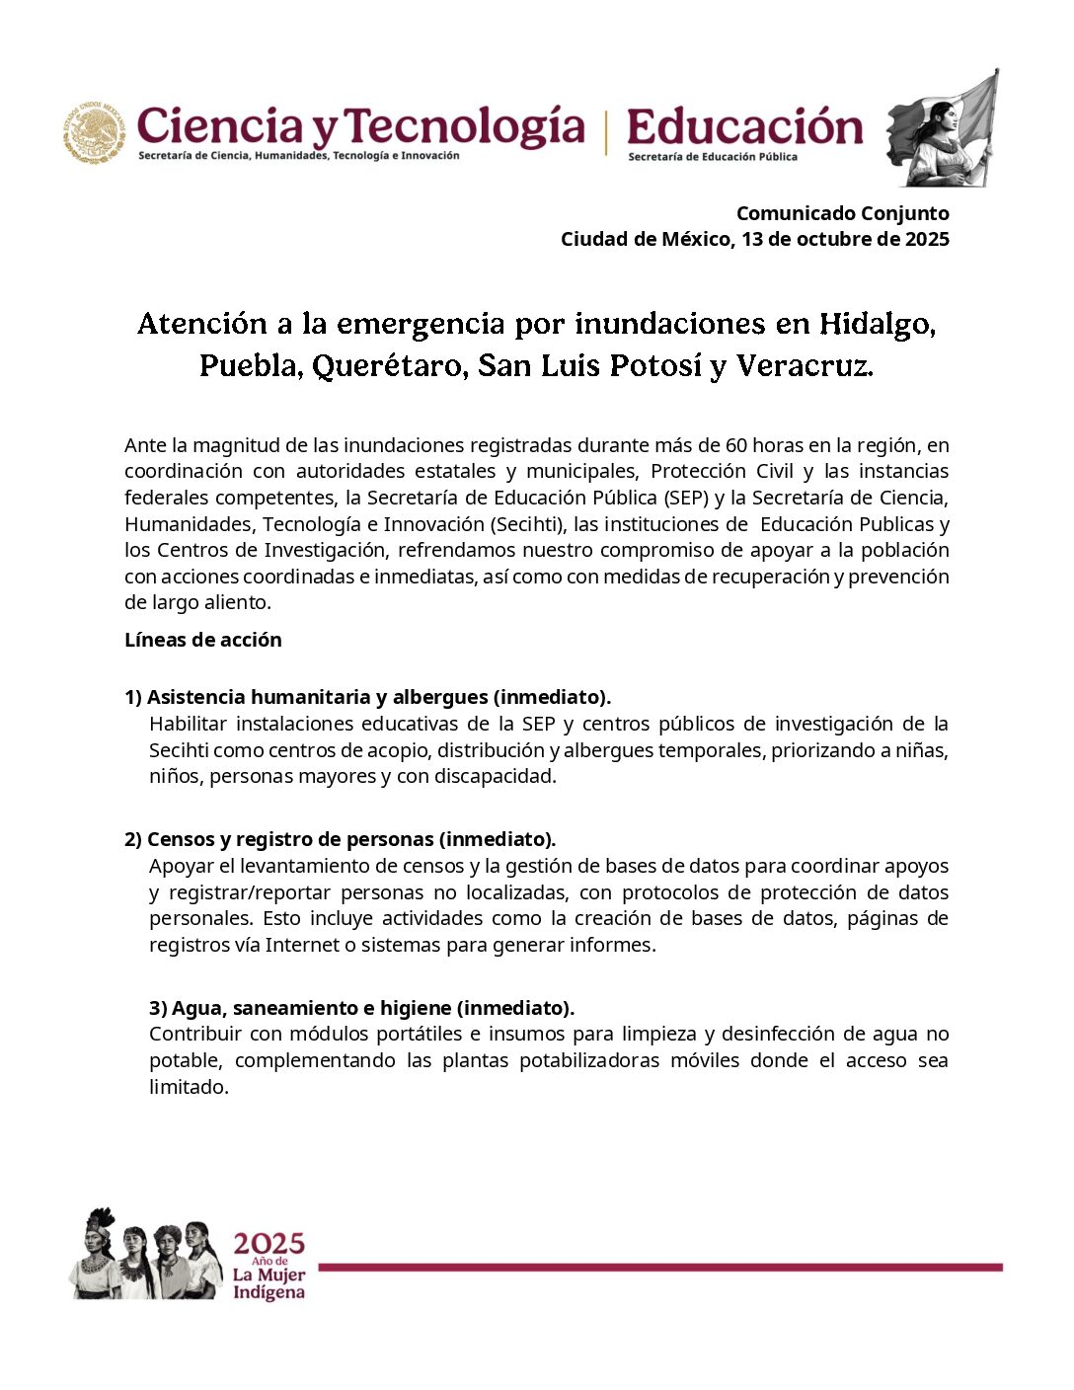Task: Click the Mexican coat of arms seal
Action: (x=96, y=132)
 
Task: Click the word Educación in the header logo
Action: (x=744, y=128)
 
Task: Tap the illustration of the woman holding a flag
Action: (x=943, y=128)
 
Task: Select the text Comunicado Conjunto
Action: (x=842, y=213)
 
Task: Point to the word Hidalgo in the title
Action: (x=877, y=324)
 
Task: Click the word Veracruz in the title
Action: (x=805, y=366)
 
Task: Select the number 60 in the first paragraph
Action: (x=736, y=445)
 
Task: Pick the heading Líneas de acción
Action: (x=203, y=640)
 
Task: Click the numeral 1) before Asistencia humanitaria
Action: (x=133, y=697)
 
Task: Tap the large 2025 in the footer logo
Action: (x=268, y=1244)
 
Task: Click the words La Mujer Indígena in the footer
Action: (x=268, y=1283)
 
